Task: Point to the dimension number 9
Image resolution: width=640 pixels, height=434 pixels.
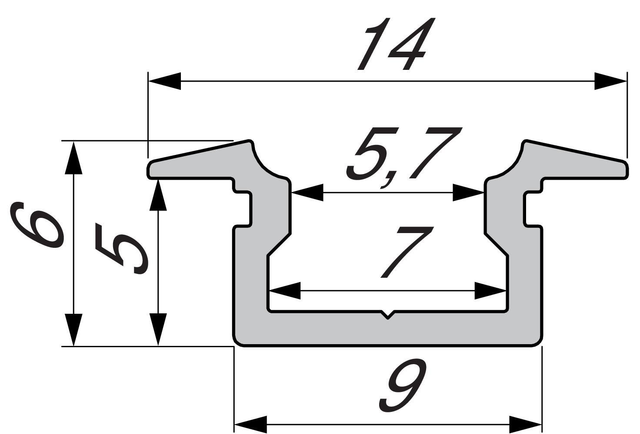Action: [x=402, y=386]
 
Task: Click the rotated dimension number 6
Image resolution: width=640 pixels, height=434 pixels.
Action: [x=37, y=226]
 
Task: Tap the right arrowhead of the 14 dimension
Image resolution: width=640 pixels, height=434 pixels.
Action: [x=610, y=81]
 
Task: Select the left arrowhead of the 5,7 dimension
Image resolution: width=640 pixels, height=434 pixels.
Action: [x=307, y=192]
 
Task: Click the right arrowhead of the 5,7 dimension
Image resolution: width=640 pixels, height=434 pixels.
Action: [x=469, y=192]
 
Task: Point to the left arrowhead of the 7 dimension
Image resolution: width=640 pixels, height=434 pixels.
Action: [x=285, y=291]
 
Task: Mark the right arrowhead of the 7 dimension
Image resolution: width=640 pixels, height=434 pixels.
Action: [x=490, y=291]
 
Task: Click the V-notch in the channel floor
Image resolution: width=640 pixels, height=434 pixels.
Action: [x=387, y=315]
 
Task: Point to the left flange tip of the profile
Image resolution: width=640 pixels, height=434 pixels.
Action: [x=150, y=169]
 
